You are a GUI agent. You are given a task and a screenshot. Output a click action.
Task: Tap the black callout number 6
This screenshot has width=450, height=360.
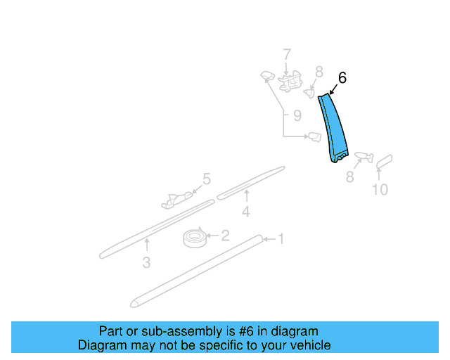coord(342,78)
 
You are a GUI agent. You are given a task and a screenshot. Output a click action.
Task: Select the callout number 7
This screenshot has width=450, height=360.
coord(286,54)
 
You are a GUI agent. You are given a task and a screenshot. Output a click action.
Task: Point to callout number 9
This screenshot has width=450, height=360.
coord(297,115)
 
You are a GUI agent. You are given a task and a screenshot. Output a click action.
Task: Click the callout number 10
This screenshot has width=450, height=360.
coord(380,189)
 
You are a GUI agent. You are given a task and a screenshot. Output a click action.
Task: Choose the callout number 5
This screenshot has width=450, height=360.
coord(206,179)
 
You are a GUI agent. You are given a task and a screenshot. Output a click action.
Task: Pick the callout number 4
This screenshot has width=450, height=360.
coord(246,212)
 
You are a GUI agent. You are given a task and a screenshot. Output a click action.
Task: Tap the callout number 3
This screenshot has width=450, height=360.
coord(146,263)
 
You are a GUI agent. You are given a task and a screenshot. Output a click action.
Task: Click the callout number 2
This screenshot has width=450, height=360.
coord(225,236)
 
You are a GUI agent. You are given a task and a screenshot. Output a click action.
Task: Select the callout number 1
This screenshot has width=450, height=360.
coord(280,240)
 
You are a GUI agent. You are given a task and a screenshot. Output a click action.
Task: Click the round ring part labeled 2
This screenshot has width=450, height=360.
coord(193,238)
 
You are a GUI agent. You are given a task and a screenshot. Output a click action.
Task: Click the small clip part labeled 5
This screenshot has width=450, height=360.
coord(176,200)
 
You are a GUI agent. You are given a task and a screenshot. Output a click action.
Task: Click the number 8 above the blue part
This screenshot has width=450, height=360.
coord(319,71)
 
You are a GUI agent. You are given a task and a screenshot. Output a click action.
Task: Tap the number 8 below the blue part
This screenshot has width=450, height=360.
coord(350,179)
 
